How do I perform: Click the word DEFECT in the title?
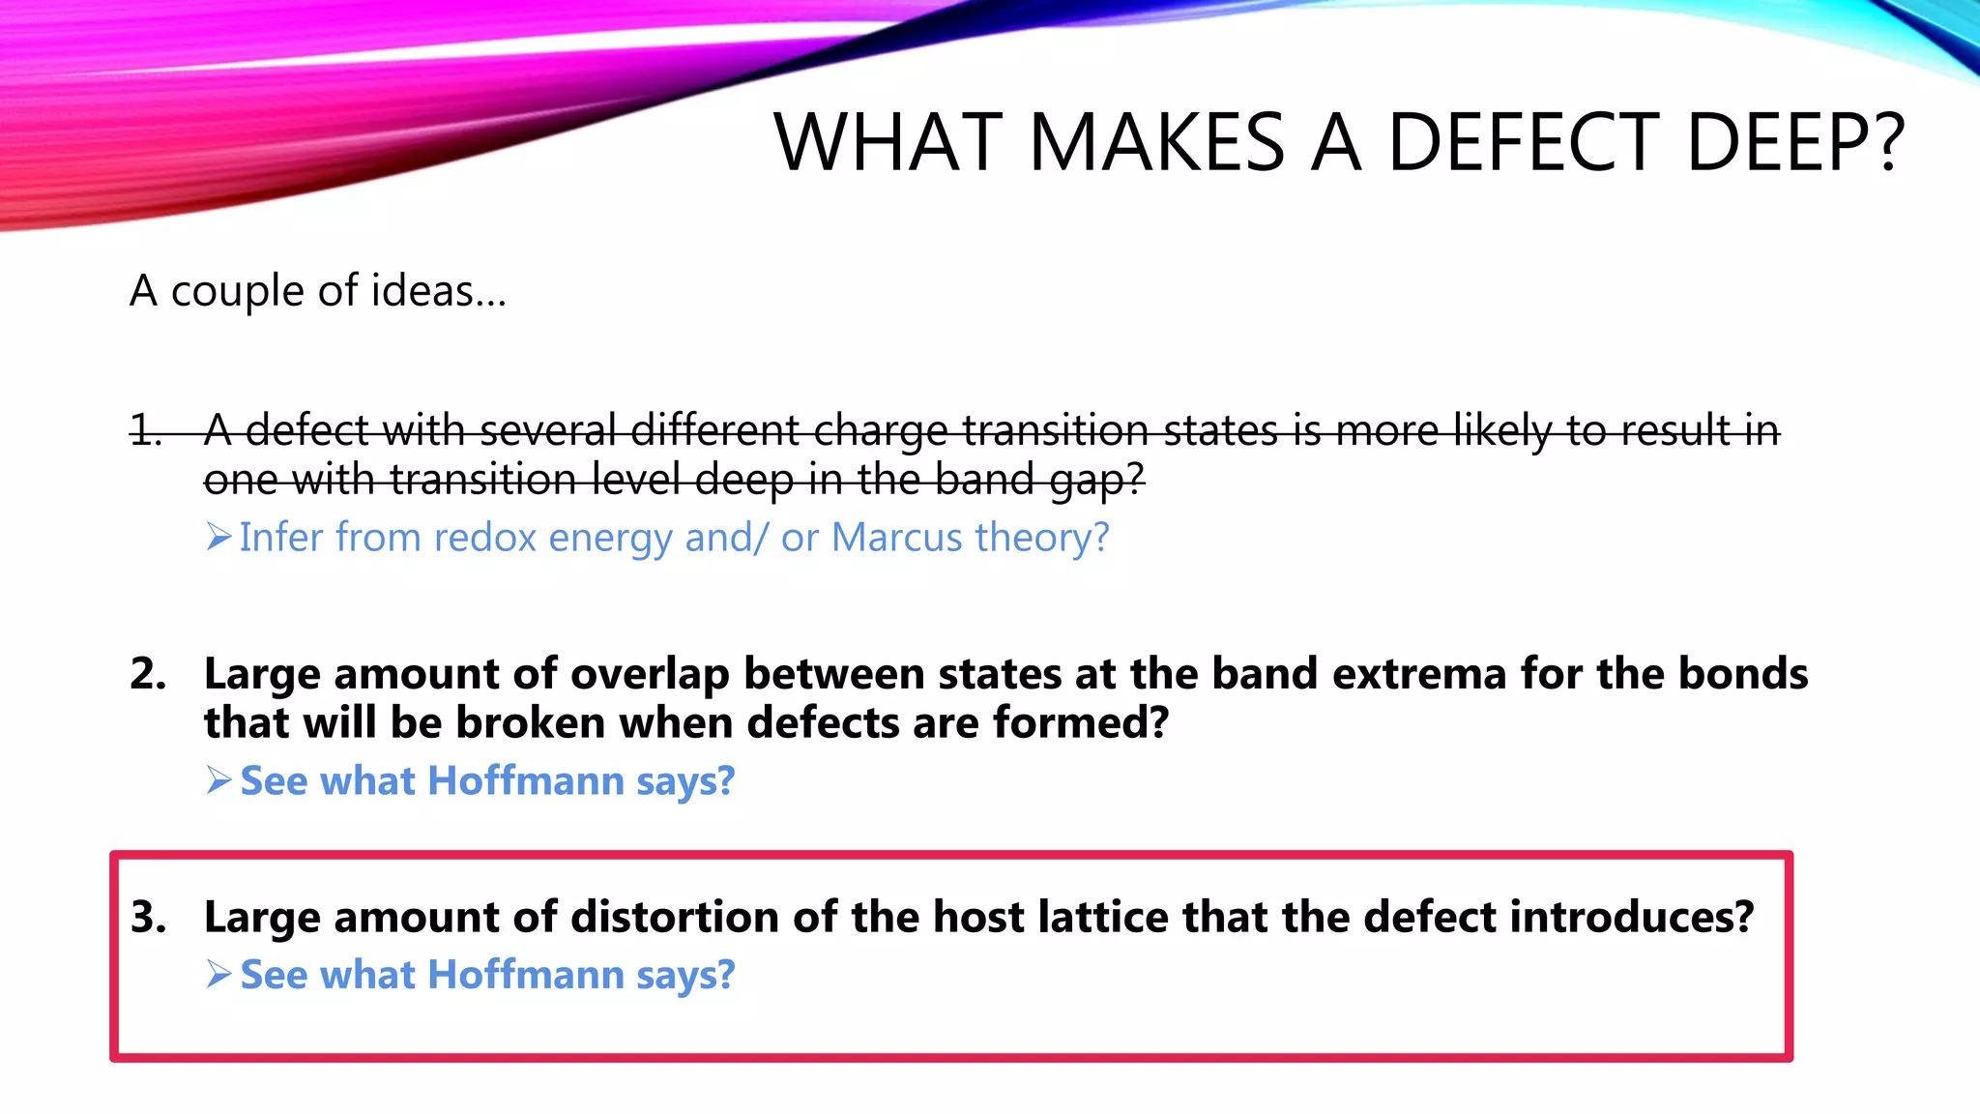1524,143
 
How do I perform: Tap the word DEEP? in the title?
1794,143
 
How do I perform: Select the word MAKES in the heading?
1156,143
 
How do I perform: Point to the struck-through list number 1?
146,430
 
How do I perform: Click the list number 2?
148,674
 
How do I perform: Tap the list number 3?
148,917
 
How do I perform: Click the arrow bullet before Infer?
218,537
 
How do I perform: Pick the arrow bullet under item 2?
218,780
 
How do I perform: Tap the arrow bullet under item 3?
218,975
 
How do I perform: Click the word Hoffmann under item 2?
526,781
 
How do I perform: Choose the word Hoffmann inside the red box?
526,975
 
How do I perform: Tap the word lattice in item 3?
1103,917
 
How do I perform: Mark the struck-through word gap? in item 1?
1096,481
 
